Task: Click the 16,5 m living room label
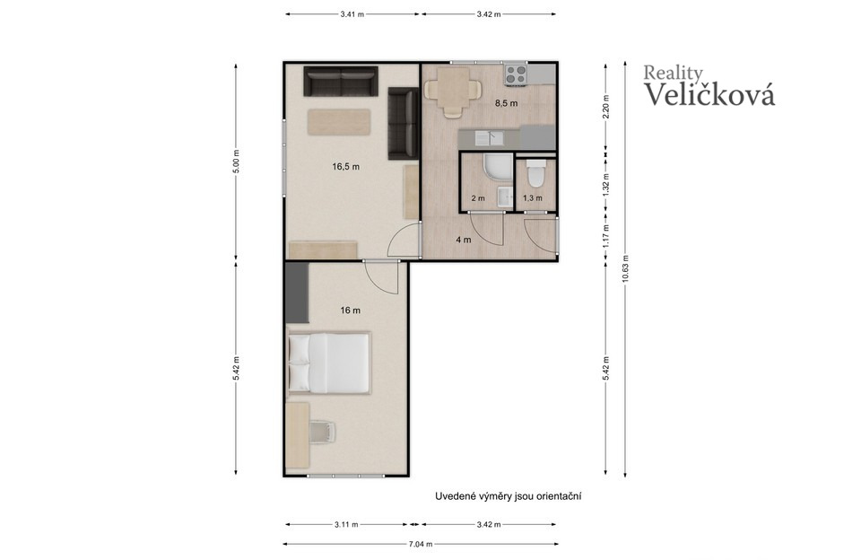click(346, 167)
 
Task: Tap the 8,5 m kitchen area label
click(506, 103)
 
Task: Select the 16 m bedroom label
click(351, 311)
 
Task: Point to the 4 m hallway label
click(464, 240)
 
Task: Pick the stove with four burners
click(517, 74)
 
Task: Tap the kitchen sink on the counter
click(490, 137)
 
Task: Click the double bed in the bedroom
click(328, 363)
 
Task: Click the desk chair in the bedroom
click(322, 431)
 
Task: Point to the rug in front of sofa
click(339, 122)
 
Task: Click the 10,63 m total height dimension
click(625, 269)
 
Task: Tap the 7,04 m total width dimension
click(421, 544)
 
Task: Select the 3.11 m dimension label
click(346, 524)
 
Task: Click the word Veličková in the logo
click(709, 93)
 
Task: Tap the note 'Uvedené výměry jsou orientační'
click(509, 496)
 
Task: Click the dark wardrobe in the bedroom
click(297, 293)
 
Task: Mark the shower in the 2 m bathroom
click(498, 167)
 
